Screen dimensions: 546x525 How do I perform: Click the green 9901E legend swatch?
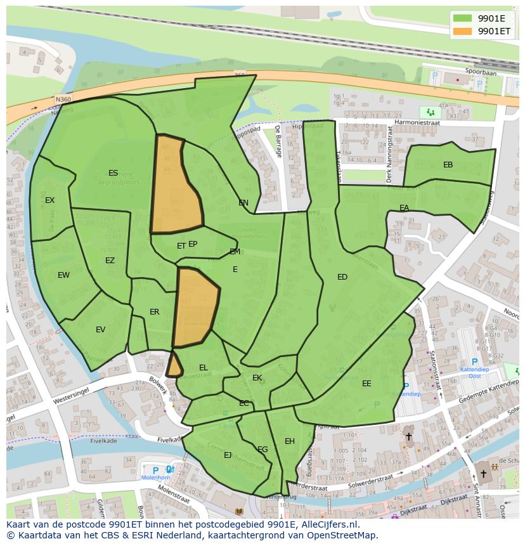point(463,18)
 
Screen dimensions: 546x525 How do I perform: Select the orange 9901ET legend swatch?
point(463,31)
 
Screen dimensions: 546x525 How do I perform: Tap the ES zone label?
point(113,173)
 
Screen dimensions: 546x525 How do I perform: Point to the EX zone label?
point(49,200)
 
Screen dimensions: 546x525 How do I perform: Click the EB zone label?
point(448,165)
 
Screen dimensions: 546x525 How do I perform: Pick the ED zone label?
point(342,277)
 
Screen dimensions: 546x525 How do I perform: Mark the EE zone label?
point(366,384)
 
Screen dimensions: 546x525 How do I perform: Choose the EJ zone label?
point(228,455)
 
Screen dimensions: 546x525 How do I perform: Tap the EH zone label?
point(290,441)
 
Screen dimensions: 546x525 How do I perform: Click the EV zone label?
point(100,330)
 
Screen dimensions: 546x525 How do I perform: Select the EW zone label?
point(63,275)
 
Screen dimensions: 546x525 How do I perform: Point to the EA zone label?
point(404,208)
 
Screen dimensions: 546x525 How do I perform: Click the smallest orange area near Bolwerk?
point(174,365)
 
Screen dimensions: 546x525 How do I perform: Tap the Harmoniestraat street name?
point(417,122)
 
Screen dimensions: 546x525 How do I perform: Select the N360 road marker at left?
point(63,100)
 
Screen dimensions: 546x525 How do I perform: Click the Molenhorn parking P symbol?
point(155,470)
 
